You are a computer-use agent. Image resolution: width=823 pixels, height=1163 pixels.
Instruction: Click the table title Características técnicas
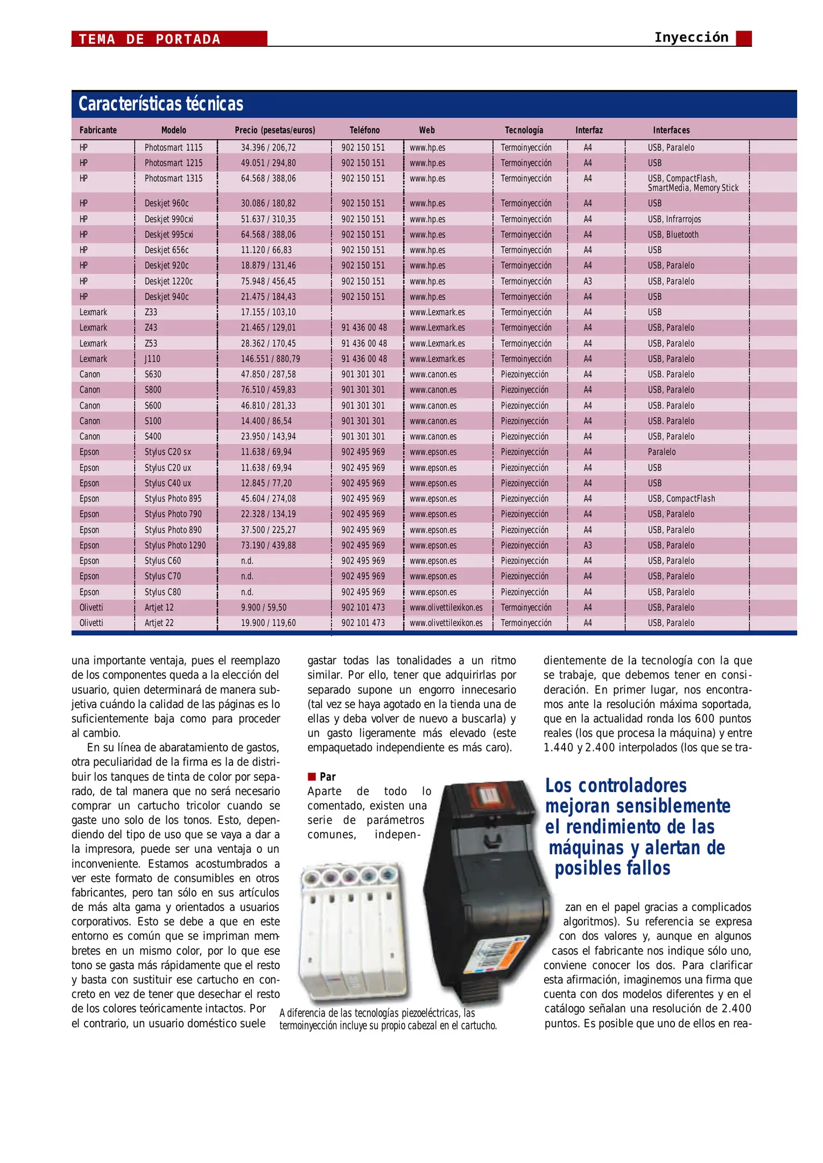(x=160, y=104)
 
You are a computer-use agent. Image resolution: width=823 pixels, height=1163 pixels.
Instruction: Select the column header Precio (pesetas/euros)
(x=275, y=130)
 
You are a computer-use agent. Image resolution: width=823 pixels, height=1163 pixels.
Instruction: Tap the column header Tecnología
(x=523, y=130)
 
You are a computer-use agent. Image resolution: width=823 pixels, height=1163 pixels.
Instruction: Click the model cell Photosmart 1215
(x=173, y=163)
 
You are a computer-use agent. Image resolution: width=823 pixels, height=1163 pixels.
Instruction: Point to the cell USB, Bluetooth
(x=673, y=235)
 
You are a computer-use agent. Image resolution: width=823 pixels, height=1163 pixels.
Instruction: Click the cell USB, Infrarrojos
(x=674, y=219)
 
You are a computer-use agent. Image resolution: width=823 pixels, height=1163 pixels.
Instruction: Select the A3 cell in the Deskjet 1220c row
(x=587, y=282)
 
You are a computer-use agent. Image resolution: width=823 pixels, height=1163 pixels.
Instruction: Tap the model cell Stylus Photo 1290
(x=175, y=545)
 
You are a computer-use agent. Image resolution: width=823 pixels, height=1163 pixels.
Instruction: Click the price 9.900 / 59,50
(x=263, y=607)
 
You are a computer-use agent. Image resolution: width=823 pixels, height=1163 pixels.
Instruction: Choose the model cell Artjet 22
(x=159, y=623)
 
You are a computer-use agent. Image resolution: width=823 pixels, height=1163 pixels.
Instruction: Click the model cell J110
(x=152, y=359)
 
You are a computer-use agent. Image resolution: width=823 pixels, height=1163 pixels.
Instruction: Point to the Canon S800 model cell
(x=153, y=390)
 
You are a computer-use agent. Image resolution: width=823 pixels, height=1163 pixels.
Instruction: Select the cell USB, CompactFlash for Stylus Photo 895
(x=681, y=499)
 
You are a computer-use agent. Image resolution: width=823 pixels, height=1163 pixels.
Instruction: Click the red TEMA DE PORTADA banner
(x=169, y=39)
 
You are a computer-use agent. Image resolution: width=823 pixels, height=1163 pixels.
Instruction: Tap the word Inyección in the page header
(x=691, y=38)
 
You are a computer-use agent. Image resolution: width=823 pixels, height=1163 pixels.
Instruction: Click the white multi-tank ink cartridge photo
(x=354, y=931)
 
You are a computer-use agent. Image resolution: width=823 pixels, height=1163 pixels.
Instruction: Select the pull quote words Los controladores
(x=616, y=786)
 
